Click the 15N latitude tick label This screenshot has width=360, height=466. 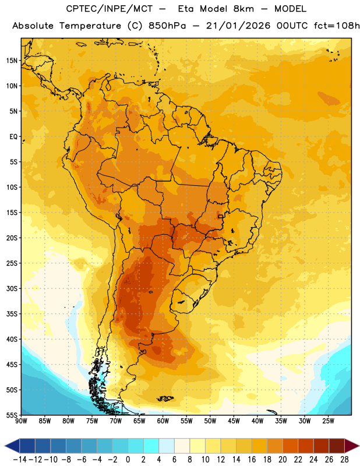coord(12,61)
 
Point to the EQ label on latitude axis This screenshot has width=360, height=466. coord(13,137)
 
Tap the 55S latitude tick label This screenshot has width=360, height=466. coord(12,415)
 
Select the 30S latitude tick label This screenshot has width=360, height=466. coord(12,288)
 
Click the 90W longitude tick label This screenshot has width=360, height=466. coord(21,421)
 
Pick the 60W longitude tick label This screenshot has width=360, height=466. coord(163,421)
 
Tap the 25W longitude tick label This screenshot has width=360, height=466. coord(328,421)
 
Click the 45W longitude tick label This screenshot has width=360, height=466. coord(234,421)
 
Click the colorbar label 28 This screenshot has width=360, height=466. coord(344,460)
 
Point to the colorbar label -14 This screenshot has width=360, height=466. coord(20,460)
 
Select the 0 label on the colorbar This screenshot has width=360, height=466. coord(128,460)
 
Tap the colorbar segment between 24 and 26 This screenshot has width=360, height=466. coord(322,446)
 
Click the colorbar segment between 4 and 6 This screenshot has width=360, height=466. coord(167,446)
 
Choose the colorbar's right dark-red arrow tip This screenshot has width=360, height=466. coord(359,446)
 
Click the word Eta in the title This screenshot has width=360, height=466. coord(186,9)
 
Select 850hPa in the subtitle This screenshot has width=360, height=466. coord(167,26)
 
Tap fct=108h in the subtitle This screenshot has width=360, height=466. coord(337,26)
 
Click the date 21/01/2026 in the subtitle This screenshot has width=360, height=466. coord(238,26)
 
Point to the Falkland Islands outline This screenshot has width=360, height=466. coord(165,398)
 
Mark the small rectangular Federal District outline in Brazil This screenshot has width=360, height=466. coord(221,216)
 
